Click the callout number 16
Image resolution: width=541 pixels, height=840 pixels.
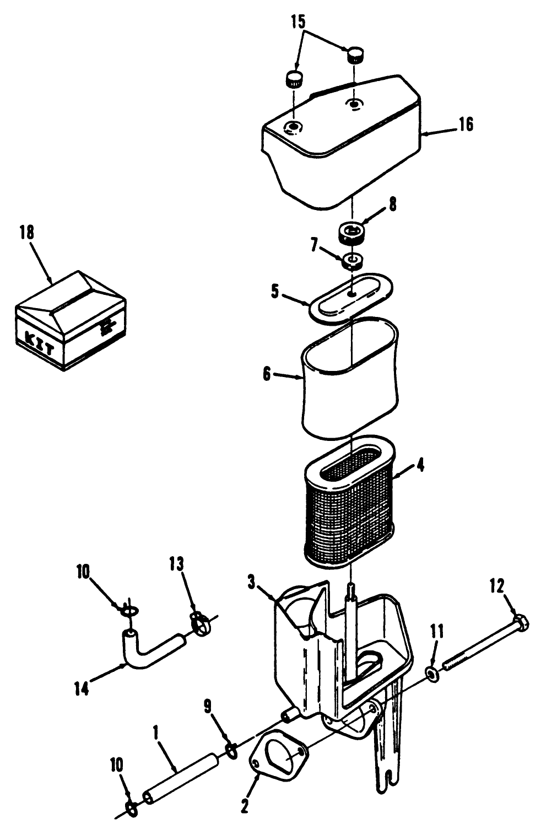point(465,125)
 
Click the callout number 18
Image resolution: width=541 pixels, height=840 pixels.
point(26,233)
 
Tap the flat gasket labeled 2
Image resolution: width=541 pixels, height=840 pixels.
point(280,756)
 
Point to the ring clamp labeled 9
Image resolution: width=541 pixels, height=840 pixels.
point(232,750)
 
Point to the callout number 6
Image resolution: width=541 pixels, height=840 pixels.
point(267,374)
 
